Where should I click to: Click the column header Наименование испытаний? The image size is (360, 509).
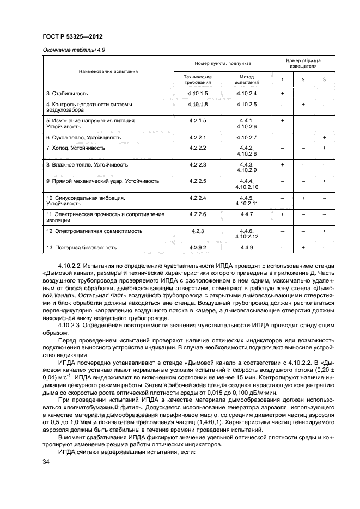coord(108,71)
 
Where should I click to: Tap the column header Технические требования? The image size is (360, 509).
coord(198,80)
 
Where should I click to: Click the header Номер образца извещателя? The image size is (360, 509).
coord(303,63)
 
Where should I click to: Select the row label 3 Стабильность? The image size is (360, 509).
coord(67,94)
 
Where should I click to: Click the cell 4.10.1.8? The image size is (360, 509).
coord(198,103)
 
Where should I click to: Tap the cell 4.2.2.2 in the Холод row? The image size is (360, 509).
coord(198,148)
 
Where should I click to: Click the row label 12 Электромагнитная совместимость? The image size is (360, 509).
coord(94,231)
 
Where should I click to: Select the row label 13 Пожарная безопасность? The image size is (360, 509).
coord(81,247)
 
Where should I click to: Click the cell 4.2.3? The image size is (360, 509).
coord(198,231)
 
